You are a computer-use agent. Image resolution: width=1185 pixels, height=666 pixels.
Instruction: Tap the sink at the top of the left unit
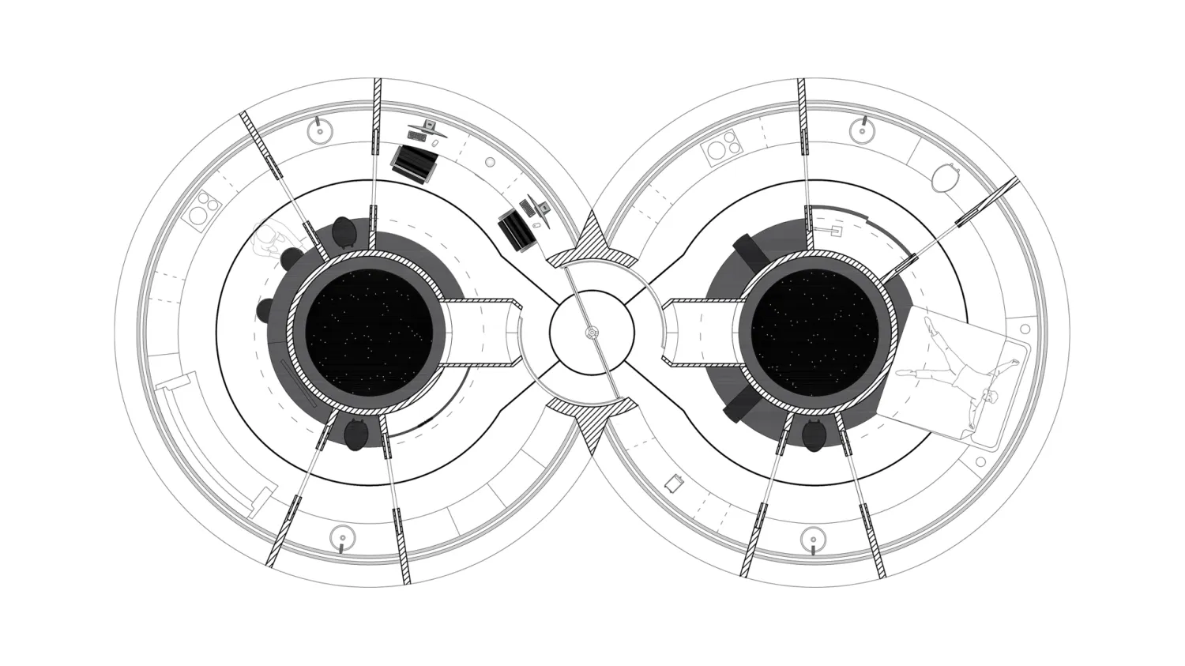click(x=318, y=130)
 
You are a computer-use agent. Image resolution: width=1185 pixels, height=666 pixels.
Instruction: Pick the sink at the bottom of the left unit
click(x=342, y=538)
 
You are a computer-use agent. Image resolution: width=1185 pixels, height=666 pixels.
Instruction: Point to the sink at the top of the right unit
click(x=863, y=130)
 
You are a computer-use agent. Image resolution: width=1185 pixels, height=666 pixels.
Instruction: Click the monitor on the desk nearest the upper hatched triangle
click(x=541, y=209)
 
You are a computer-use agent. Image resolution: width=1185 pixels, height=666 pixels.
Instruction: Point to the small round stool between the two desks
click(x=490, y=162)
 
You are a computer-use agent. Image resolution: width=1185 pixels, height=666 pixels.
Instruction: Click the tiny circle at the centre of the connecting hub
click(x=592, y=333)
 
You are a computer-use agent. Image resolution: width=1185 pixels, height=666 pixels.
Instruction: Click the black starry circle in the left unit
click(x=369, y=333)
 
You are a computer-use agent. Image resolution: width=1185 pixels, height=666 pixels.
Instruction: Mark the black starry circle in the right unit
click(x=814, y=333)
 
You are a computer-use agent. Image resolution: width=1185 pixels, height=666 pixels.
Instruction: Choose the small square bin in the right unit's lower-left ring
click(x=674, y=483)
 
